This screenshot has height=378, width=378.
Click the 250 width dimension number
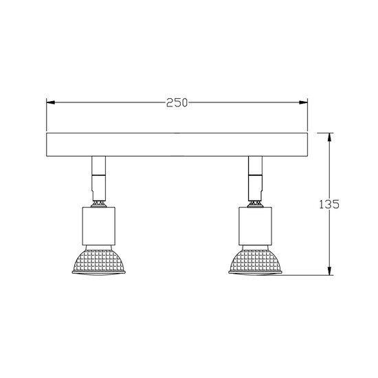coord(177,103)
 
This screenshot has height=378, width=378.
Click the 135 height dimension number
coord(331,204)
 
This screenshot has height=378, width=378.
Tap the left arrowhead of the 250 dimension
coord(49,103)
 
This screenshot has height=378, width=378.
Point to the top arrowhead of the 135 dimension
coord(330,136)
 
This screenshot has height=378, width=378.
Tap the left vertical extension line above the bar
coord(46,117)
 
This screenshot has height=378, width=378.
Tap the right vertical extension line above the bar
coord(307,117)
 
